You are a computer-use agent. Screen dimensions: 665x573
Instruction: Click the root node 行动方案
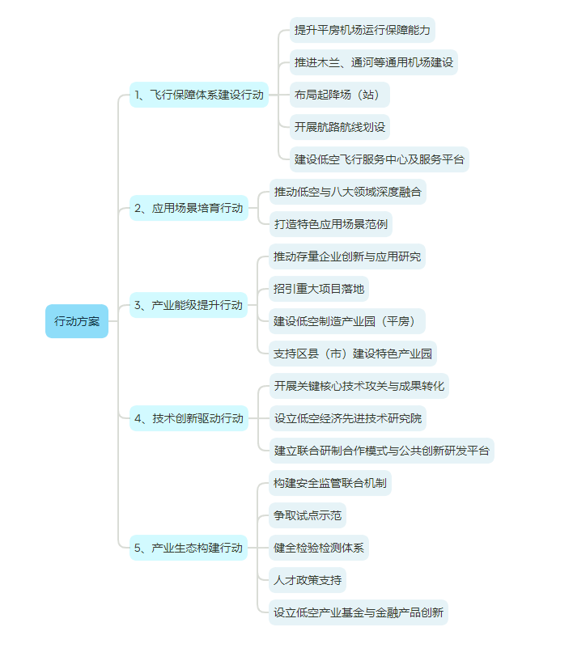[x=77, y=321]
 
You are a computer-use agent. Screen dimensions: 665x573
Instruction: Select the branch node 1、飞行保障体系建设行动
[x=199, y=95]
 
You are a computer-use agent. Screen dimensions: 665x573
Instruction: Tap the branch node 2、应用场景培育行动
[x=189, y=208]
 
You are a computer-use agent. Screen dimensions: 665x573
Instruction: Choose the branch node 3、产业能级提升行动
[x=189, y=305]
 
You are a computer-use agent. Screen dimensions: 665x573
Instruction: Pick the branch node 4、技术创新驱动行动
[x=189, y=418]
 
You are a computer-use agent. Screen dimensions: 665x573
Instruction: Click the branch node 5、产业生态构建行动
[x=189, y=548]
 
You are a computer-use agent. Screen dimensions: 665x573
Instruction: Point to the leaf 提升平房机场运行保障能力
[x=363, y=30]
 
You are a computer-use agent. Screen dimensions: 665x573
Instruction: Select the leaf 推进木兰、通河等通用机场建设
[x=374, y=62]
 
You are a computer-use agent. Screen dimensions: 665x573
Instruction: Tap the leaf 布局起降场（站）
[x=340, y=95]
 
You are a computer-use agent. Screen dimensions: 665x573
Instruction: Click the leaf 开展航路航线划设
[x=340, y=127]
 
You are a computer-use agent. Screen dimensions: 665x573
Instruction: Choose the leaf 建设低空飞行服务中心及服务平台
[x=380, y=159]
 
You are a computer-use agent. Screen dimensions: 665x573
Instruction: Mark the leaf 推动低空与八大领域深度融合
[x=347, y=192]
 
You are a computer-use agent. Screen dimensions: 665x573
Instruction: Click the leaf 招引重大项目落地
[x=319, y=289]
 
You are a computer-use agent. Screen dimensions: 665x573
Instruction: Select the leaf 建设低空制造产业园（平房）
[x=347, y=321]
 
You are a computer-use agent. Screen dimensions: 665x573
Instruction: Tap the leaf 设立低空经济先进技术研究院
[x=347, y=418]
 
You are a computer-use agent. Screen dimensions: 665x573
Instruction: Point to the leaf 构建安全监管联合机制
[x=330, y=483]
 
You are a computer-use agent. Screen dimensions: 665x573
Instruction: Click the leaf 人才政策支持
[x=308, y=580]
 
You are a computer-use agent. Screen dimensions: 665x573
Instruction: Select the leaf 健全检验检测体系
[x=319, y=548]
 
